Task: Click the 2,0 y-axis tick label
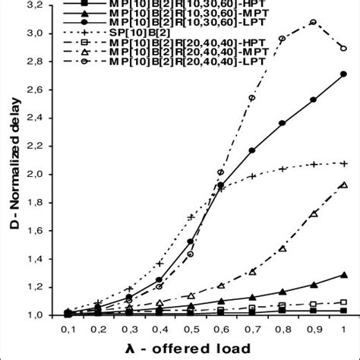30,174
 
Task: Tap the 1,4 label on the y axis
30,259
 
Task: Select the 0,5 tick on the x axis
191,330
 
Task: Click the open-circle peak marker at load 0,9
313,22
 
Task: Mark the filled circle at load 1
344,74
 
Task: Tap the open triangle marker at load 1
344,185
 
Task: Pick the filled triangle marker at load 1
344,275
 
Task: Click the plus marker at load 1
344,163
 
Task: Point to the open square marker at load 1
344,302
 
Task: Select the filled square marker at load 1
344,311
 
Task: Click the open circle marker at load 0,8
283,39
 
